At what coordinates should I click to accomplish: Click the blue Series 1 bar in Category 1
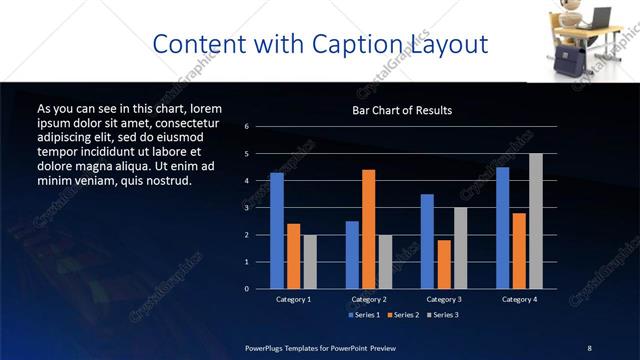277,231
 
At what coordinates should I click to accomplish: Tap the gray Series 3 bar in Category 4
535,221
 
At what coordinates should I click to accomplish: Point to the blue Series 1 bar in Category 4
502,228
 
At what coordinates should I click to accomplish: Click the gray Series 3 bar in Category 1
310,262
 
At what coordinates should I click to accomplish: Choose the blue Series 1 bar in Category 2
352,255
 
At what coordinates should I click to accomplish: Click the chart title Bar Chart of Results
403,110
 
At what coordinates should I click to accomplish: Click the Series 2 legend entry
404,315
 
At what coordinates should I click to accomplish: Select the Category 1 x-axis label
294,299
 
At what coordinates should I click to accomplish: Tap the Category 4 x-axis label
518,299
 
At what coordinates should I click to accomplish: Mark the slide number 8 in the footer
589,347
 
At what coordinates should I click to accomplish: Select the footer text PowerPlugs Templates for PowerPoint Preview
320,347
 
